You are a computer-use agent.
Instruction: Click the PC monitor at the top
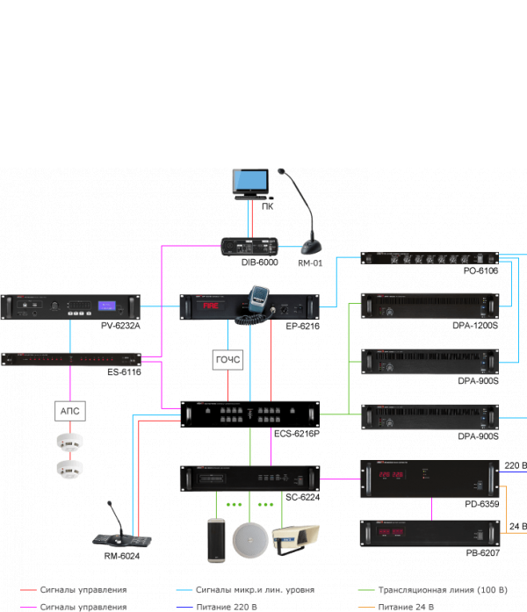[x=248, y=182]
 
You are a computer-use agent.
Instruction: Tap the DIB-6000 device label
[x=261, y=263]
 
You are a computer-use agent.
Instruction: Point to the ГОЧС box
[x=227, y=359]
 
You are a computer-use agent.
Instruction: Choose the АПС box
[x=69, y=410]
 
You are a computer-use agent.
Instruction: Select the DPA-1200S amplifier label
[x=475, y=326]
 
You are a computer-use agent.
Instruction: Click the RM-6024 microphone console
[x=117, y=532]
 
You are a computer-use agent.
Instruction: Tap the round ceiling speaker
[x=249, y=539]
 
